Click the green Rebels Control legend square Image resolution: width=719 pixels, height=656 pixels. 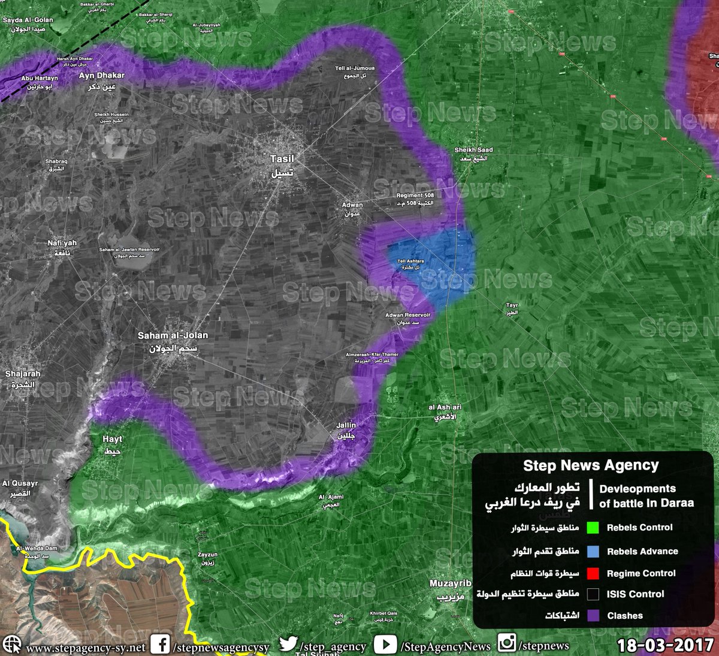[593, 528]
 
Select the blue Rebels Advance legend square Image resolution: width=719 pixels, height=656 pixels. [593, 552]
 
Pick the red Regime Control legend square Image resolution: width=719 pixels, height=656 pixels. [593, 573]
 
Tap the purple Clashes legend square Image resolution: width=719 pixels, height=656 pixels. [593, 615]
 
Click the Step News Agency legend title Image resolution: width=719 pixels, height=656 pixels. [590, 465]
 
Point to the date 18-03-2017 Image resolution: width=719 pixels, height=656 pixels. [665, 646]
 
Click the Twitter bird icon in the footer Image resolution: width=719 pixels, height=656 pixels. [288, 644]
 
